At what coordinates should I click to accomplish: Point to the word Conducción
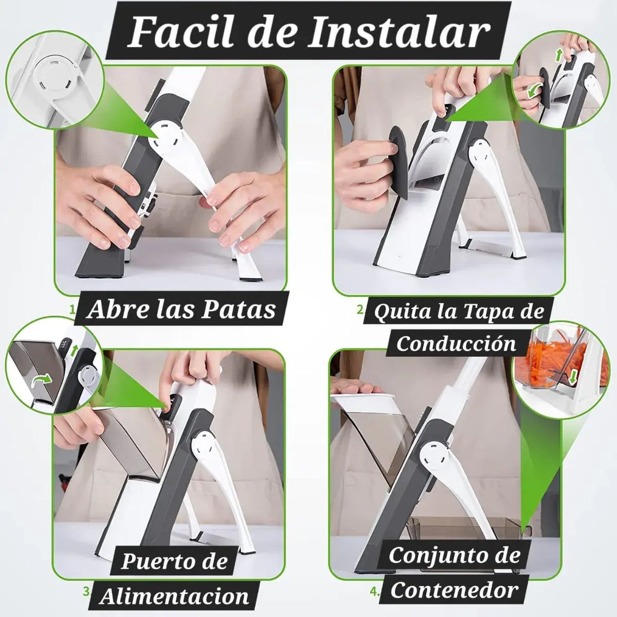(x=456, y=343)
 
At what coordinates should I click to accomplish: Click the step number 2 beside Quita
(x=361, y=310)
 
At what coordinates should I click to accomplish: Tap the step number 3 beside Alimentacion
(x=86, y=583)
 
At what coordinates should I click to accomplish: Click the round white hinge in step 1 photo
(x=165, y=139)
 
